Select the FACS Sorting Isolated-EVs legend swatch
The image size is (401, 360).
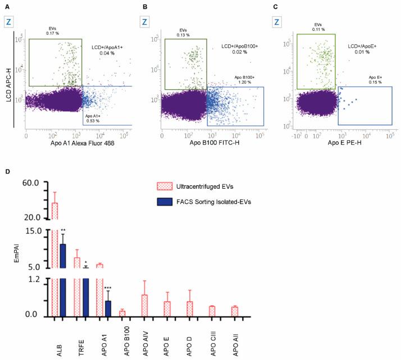pyautogui.click(x=166, y=202)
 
